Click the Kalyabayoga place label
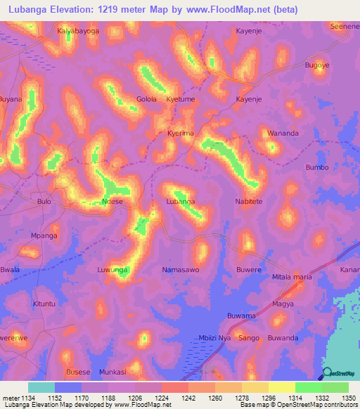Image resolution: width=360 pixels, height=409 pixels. (78, 32)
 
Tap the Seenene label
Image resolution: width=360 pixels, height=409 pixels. (345, 26)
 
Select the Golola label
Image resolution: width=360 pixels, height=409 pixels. (146, 99)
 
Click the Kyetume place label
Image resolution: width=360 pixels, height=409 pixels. (181, 99)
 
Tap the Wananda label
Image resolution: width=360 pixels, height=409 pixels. (283, 133)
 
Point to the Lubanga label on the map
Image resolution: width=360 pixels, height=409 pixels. (180, 201)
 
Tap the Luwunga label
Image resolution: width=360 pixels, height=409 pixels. (112, 269)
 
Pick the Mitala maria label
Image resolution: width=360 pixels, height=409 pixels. (292, 277)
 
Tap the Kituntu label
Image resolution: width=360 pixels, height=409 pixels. (44, 304)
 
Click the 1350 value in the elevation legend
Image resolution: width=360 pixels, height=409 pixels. (348, 398)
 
